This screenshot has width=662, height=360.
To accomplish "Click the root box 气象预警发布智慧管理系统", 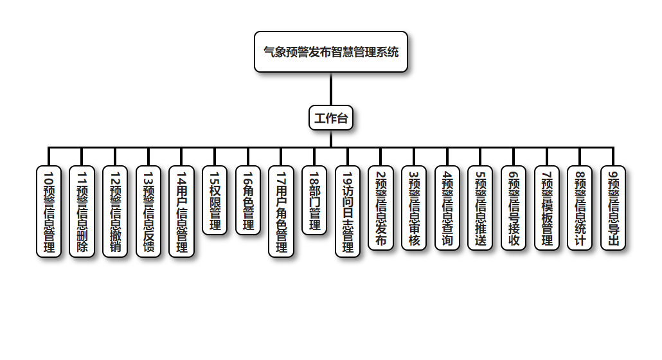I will click(x=331, y=52).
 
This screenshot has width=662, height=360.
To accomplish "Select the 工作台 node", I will click(x=331, y=118).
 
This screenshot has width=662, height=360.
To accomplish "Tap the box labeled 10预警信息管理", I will click(x=49, y=212).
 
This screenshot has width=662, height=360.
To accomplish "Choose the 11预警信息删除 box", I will click(x=82, y=212).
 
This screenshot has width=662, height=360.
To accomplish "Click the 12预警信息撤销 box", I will click(x=115, y=212).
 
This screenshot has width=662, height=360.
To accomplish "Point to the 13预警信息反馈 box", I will click(x=148, y=212).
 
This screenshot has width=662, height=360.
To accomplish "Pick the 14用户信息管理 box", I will click(x=181, y=212).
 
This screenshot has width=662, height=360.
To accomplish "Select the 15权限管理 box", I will click(x=215, y=200).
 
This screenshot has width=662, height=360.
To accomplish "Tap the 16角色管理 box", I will click(x=248, y=200).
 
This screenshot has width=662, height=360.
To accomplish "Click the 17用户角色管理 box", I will click(x=281, y=212).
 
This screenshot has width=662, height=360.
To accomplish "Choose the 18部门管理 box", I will click(x=314, y=200).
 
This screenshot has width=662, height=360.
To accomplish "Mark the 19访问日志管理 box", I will click(x=348, y=212).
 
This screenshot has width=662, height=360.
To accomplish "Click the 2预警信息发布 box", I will click(x=380, y=208).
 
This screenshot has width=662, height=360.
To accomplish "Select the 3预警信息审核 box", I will click(x=414, y=208).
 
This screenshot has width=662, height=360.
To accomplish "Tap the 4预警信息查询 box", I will click(x=447, y=208).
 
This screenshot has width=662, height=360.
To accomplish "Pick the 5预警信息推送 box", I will click(x=480, y=208).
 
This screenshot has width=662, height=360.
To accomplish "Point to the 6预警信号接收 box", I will click(x=514, y=208).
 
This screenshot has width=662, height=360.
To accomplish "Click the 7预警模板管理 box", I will click(x=547, y=208).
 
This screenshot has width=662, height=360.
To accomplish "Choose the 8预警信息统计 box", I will click(x=580, y=208).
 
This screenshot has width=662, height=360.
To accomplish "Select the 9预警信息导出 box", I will click(x=613, y=208).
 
